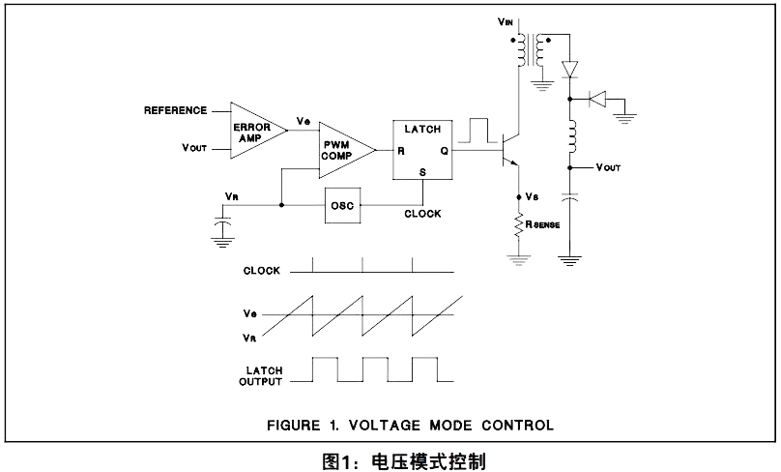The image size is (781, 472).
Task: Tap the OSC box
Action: pos(343,205)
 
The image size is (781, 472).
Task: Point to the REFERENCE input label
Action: pos(175,110)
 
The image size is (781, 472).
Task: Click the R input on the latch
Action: pos(401,151)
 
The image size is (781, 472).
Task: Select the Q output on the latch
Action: pos(444,151)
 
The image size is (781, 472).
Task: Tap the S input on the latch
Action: pos(422,172)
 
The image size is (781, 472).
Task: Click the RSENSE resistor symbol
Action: pos(519,224)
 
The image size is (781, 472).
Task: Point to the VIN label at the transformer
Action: pos(506,21)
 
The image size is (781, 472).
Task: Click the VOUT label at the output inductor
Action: pos(608,167)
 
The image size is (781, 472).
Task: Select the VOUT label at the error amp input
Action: pos(194,148)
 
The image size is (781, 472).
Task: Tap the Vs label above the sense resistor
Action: pos(532,197)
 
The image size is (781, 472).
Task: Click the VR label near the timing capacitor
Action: pos(232,196)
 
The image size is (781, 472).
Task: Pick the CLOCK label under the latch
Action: pos(422,214)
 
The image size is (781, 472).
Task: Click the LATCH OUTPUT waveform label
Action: pos(261,376)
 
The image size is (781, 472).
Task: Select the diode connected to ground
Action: pos(597,99)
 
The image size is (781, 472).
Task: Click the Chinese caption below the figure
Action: pos(404,461)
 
